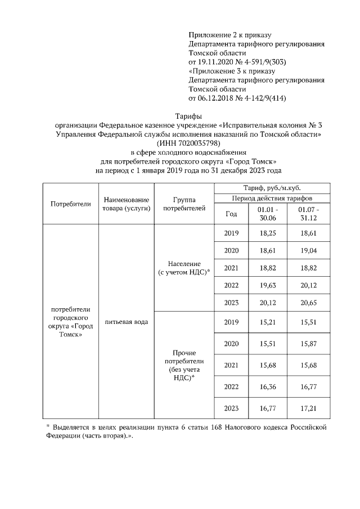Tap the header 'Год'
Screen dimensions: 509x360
pyautogui.click(x=231, y=214)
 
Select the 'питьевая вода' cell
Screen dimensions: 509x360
pyautogui.click(x=126, y=322)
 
